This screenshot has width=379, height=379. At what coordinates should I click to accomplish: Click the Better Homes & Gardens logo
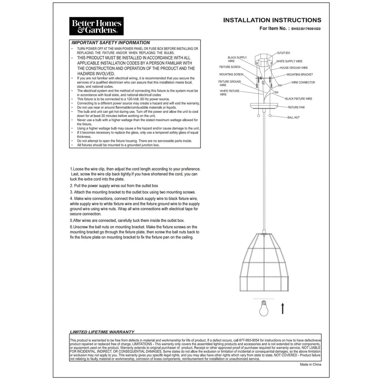(x=96, y=26)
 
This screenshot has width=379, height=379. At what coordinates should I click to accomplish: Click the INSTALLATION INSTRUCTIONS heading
(x=272, y=20)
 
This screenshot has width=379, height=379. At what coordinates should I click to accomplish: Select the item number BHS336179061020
(x=306, y=28)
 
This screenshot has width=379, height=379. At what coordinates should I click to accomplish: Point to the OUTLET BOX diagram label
(x=283, y=53)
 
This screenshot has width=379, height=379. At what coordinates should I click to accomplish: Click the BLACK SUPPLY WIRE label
(x=237, y=59)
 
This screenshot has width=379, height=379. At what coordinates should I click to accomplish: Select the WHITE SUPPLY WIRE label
(x=289, y=61)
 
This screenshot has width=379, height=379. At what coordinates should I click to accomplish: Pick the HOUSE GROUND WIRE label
(x=294, y=68)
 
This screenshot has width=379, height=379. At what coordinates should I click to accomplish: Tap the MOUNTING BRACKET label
(x=300, y=75)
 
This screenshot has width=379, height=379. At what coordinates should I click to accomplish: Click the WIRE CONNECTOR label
(x=303, y=82)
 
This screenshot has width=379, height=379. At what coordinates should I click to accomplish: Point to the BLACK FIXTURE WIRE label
(x=299, y=99)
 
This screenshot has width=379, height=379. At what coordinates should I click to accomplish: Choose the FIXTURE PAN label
(x=296, y=107)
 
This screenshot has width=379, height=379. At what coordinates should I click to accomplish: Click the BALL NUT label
(x=293, y=117)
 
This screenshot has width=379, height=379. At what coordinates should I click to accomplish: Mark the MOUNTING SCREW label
(x=231, y=74)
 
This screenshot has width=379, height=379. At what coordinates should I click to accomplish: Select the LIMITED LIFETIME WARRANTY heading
(x=102, y=332)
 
